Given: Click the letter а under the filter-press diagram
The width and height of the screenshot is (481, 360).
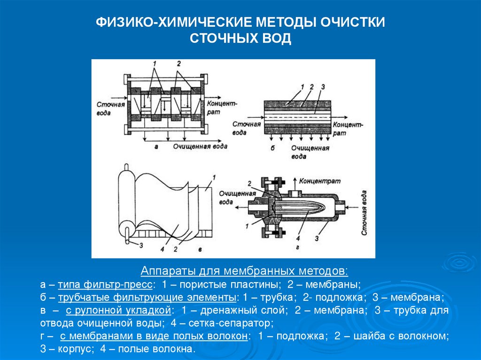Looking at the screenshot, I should pos(155,147).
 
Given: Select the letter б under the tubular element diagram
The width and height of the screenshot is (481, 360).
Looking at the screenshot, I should pos(272,148).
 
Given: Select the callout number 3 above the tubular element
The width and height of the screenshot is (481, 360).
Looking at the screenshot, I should pos(323,87).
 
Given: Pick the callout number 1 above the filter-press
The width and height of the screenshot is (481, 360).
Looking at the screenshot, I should pos(155,63).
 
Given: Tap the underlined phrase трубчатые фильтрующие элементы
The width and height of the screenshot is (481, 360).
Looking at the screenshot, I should pos(147,298).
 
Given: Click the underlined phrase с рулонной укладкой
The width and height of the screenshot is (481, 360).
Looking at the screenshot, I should pos(119,310).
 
